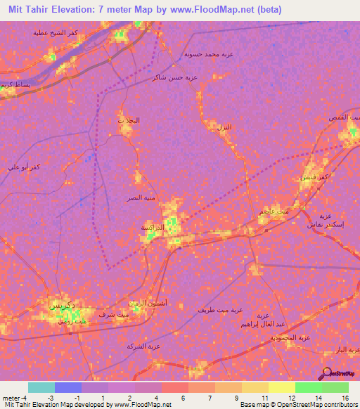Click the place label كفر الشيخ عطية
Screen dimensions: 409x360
54,32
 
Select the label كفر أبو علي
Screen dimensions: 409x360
22,167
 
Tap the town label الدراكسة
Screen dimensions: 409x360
153,228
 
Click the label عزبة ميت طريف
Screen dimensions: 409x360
220,310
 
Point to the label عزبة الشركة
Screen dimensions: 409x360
145,346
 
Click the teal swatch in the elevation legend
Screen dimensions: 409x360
41,387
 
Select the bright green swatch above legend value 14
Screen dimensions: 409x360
308,387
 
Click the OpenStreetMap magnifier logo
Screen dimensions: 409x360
326,372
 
